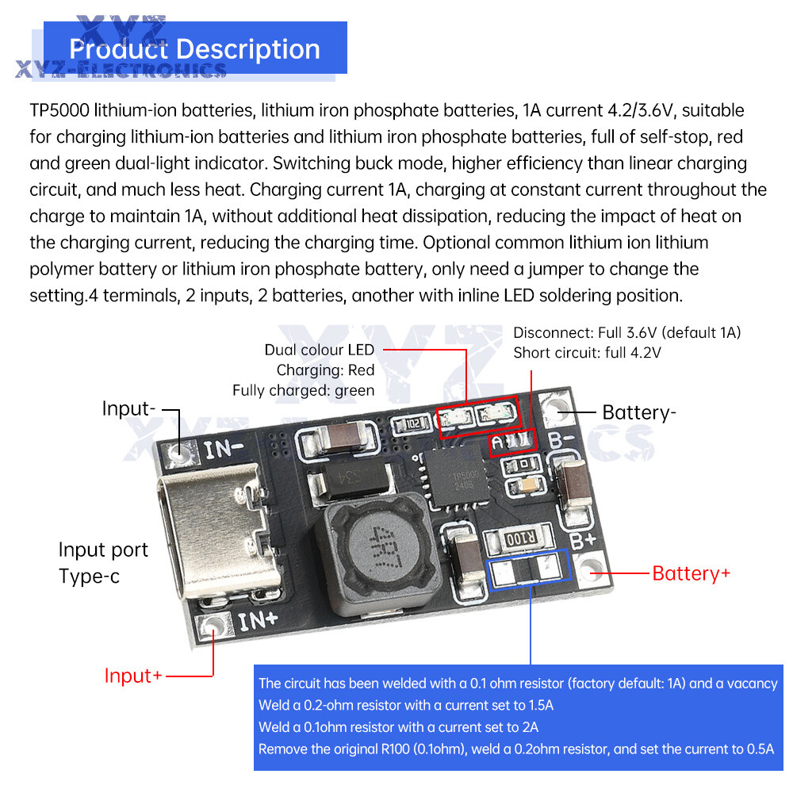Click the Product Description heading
[194, 48]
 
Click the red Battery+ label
[691, 573]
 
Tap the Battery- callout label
[639, 412]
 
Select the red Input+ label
[133, 676]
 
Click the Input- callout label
[129, 409]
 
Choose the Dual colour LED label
[320, 350]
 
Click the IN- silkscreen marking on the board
[224, 450]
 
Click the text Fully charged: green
[303, 390]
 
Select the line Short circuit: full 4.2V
[587, 352]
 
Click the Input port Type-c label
[103, 562]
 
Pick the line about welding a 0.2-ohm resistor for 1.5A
[406, 705]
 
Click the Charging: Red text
[325, 370]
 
